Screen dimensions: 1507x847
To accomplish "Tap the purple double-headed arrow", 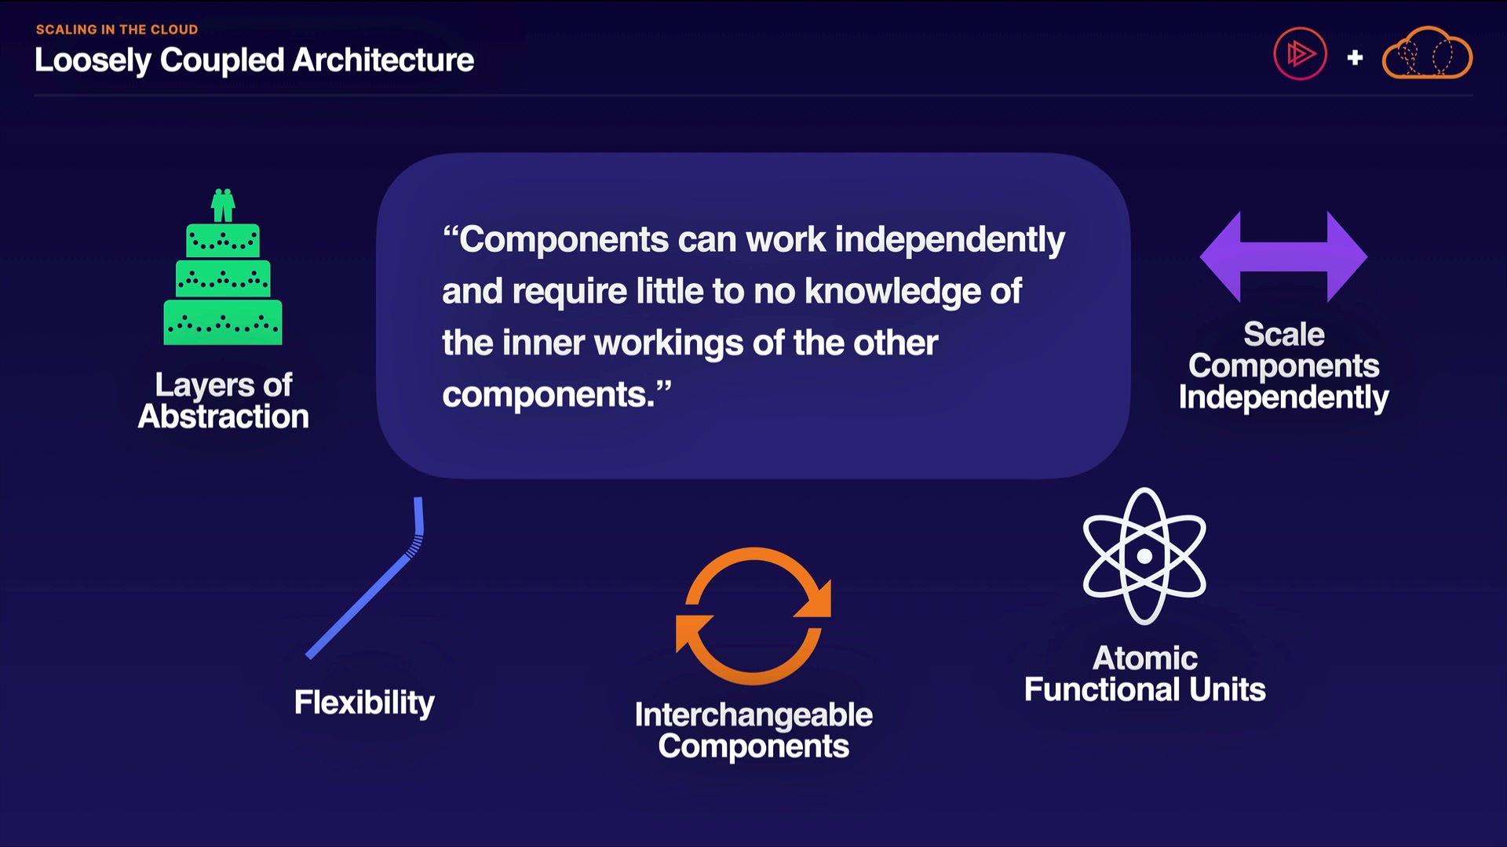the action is click(x=1284, y=257).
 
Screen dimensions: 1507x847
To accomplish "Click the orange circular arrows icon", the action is click(x=753, y=616).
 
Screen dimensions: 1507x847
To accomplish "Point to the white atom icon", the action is click(x=1144, y=556).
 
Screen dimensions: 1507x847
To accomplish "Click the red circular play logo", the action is click(x=1300, y=54).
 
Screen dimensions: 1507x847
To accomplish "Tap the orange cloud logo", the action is click(x=1427, y=53).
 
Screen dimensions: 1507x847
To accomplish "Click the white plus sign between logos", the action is click(x=1355, y=57).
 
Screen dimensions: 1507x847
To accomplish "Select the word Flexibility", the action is click(x=364, y=703).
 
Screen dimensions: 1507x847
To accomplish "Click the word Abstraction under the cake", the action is click(x=224, y=416).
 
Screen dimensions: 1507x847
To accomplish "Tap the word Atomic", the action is click(x=1145, y=658).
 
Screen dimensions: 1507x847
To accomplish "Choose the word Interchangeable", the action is click(x=753, y=715).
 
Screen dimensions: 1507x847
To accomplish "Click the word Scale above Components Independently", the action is click(x=1284, y=334).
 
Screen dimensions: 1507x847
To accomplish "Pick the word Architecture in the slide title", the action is click(x=383, y=60).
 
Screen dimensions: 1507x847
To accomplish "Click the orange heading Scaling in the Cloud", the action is click(x=117, y=30).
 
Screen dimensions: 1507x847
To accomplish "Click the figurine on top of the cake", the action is click(x=223, y=205).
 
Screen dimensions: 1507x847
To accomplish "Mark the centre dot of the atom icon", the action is click(x=1144, y=556).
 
